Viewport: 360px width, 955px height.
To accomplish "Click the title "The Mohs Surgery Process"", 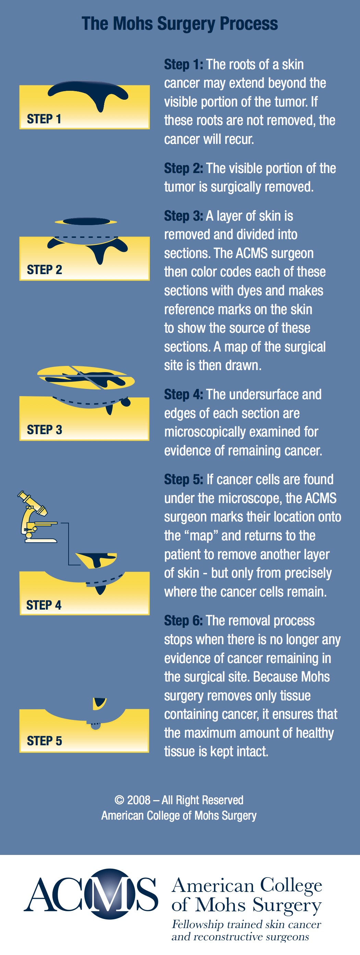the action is point(180,24).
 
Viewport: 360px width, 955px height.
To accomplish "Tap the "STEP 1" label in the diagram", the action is point(44,119).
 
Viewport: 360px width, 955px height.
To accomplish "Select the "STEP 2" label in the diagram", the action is point(45,270).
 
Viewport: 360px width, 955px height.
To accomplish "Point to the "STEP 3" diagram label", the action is point(45,430).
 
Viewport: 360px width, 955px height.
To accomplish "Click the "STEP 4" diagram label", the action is point(44,605).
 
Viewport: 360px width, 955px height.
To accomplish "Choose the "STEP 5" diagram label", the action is point(45,741).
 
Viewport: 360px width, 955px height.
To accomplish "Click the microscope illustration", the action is point(37,517).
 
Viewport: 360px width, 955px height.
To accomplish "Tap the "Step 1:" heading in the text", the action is point(183,64).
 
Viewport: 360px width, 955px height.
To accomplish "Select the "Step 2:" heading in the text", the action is point(183,168).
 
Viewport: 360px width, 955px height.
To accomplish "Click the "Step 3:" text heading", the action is point(183,216).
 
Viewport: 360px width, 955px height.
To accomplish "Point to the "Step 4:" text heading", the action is point(183,394).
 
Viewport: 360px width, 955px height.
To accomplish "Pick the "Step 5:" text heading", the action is point(183,479).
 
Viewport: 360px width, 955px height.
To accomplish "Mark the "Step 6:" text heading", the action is point(183,621).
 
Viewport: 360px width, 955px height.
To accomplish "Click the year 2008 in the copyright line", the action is point(139,800).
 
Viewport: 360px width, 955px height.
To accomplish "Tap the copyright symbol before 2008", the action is point(119,800).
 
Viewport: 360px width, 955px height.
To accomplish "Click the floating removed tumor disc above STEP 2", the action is point(86,222).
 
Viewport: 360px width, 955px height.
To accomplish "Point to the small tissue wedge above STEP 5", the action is point(99,703).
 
